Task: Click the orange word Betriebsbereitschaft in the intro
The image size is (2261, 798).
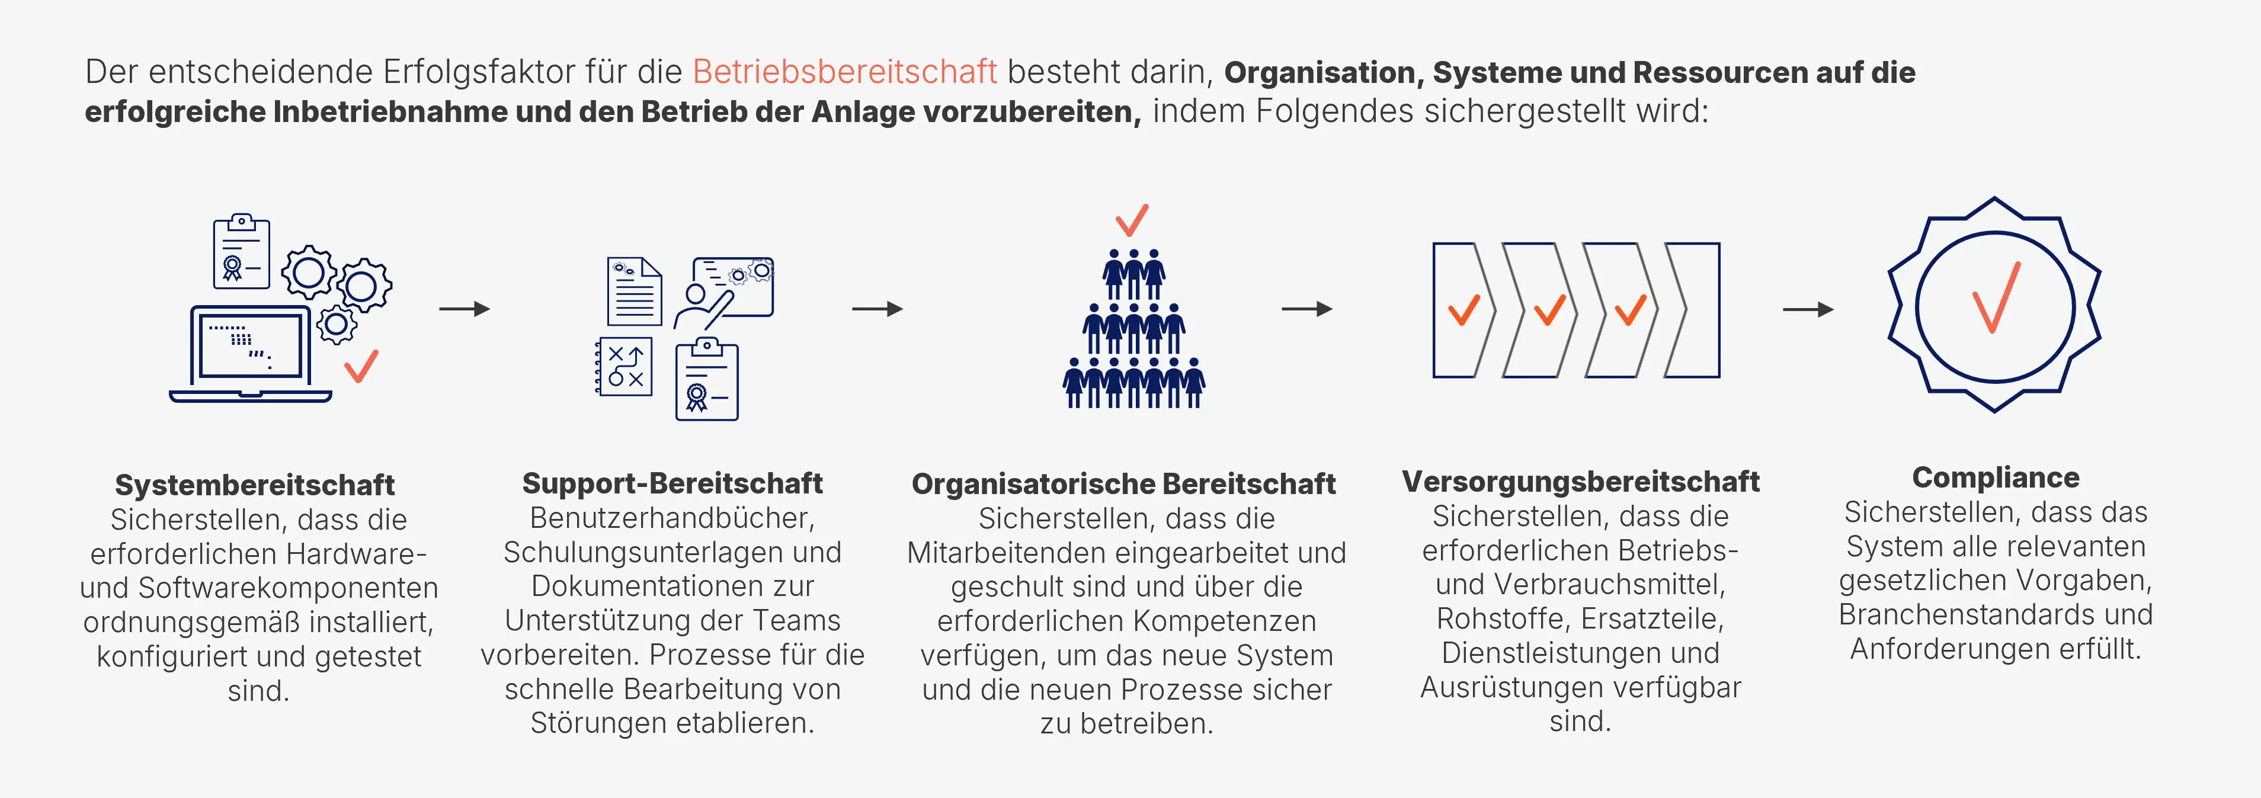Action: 844,72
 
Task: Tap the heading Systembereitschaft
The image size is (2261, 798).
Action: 255,485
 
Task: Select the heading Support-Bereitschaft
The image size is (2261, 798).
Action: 672,483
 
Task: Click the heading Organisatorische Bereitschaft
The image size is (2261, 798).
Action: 1123,483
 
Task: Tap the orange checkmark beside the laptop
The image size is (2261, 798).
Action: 361,366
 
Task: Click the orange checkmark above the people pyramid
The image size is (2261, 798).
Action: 1131,220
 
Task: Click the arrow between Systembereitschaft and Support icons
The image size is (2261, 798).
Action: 465,309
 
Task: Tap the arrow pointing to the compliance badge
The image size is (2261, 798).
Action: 1808,309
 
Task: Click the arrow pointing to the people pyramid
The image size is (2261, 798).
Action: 878,309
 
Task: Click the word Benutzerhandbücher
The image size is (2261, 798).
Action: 672,518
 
